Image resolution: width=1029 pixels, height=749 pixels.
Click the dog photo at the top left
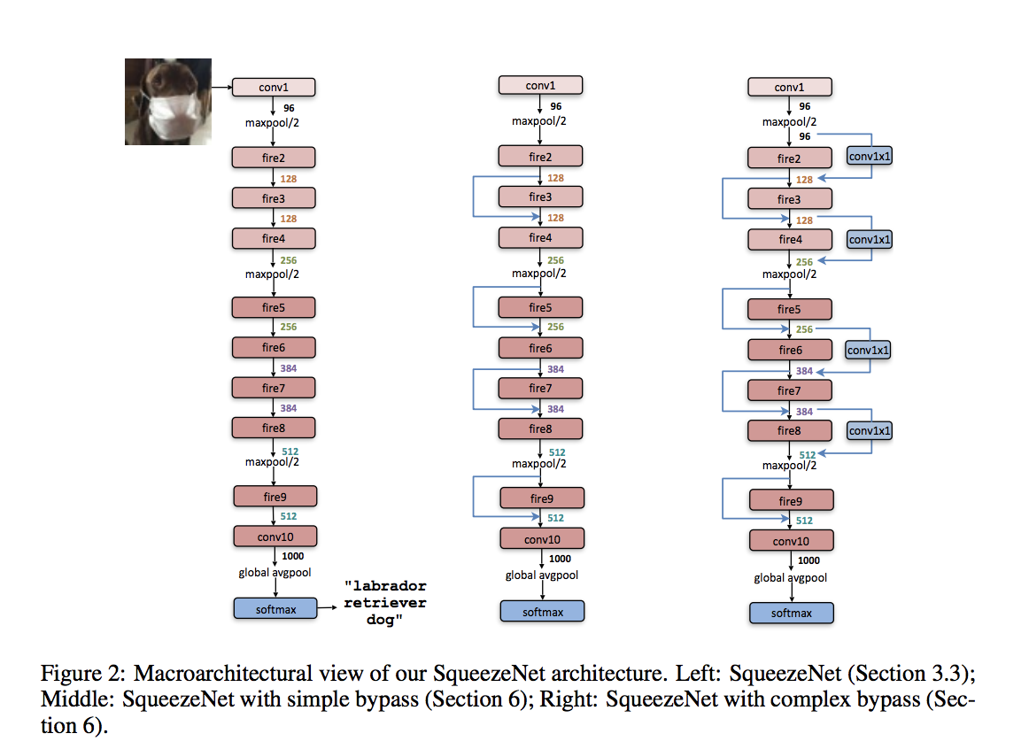(x=168, y=102)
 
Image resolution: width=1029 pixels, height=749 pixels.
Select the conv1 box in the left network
(x=274, y=88)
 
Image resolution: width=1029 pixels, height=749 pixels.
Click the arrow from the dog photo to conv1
(x=221, y=87)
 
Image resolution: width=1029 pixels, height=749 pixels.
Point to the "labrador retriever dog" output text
(x=385, y=603)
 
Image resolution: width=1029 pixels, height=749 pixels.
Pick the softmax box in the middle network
(x=542, y=612)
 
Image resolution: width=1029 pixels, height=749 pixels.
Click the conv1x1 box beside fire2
(x=870, y=156)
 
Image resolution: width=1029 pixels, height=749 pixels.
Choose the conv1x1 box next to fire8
(x=870, y=431)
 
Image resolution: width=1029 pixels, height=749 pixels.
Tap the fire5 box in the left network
(x=274, y=307)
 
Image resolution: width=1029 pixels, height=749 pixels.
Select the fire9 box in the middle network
(x=542, y=498)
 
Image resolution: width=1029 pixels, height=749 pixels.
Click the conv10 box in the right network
(x=792, y=541)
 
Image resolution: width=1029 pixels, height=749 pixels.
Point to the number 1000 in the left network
(x=293, y=556)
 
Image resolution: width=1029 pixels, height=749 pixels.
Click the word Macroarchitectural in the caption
(x=223, y=675)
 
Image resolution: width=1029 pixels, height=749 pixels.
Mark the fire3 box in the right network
(x=790, y=199)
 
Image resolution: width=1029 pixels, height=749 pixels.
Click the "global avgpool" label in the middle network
(x=542, y=575)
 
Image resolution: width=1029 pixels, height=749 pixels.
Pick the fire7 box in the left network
(x=274, y=389)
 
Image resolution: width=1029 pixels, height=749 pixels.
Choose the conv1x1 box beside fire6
(x=868, y=351)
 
